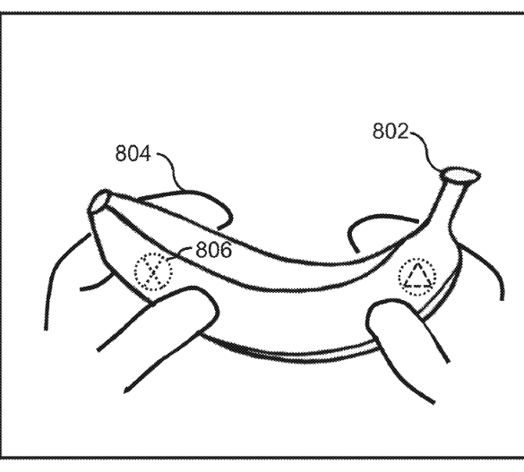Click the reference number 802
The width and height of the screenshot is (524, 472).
coord(391,131)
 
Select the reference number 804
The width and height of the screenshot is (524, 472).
coord(133,154)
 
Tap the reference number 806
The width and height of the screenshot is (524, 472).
coord(213,250)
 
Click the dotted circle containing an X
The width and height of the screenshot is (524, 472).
coord(154,271)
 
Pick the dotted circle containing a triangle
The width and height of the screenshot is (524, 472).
coord(417,277)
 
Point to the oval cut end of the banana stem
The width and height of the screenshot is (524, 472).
coord(460,175)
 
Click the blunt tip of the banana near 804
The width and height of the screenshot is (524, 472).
coord(99,202)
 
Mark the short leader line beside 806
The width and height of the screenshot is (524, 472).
coord(180,253)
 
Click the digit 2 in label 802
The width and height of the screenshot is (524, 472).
coord(402,131)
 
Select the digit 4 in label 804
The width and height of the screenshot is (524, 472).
coord(145,154)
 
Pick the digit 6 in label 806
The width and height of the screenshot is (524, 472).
coord(226,250)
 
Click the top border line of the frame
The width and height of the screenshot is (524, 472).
coord(262,13)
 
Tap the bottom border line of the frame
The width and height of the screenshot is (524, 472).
coord(262,458)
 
